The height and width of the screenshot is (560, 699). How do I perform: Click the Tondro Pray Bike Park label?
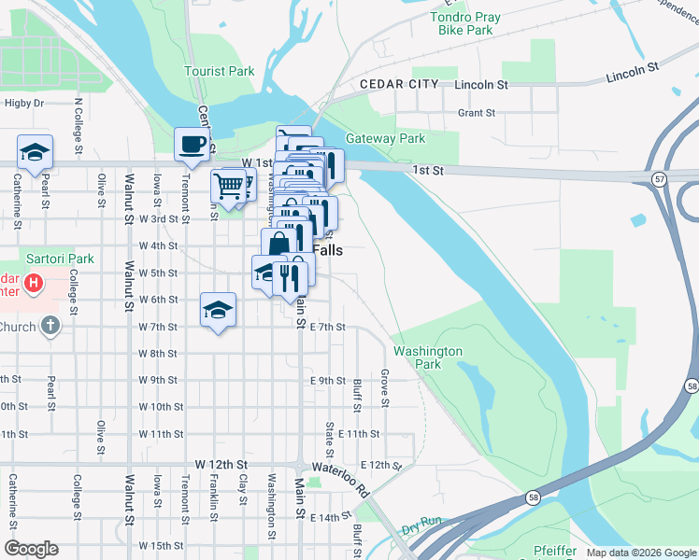pyautogui.click(x=465, y=24)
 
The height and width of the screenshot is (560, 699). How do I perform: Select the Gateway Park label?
pyautogui.click(x=385, y=138)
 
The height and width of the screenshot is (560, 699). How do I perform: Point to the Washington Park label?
pyautogui.click(x=428, y=357)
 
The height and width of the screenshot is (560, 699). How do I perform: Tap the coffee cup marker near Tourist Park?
pyautogui.click(x=193, y=145)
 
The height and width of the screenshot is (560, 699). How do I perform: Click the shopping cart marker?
pyautogui.click(x=228, y=185)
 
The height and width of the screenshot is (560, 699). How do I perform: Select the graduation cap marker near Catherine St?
pyautogui.click(x=35, y=152)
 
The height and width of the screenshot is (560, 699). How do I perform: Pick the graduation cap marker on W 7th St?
pyautogui.click(x=218, y=310)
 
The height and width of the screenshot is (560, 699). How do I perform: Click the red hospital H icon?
pyautogui.click(x=34, y=282)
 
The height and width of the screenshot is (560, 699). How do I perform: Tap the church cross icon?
pyautogui.click(x=50, y=327)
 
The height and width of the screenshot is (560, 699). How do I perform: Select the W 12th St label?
pyautogui.click(x=221, y=464)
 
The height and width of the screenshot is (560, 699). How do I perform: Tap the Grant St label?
pyautogui.click(x=476, y=113)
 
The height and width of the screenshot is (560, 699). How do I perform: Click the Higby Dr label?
pyautogui.click(x=24, y=103)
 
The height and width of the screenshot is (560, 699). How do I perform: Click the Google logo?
pyautogui.click(x=31, y=549)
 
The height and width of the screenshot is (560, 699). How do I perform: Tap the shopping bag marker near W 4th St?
pyautogui.click(x=278, y=245)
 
